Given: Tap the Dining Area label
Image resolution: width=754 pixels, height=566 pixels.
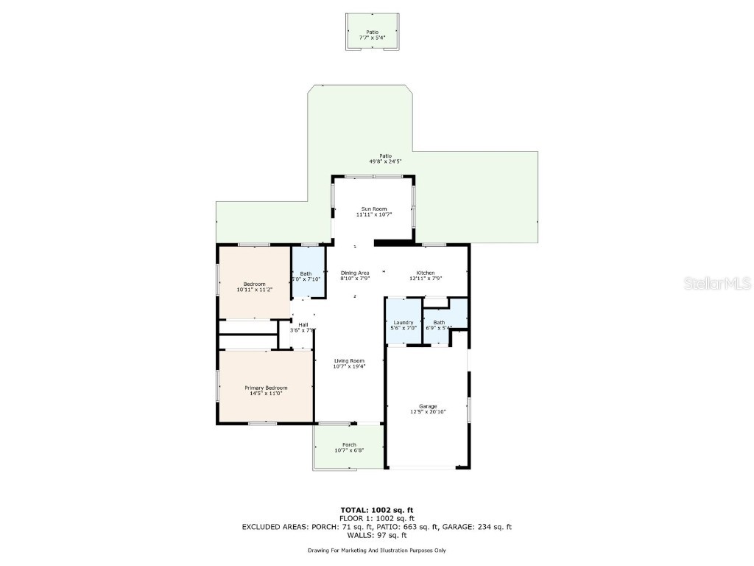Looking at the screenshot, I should click(x=355, y=273).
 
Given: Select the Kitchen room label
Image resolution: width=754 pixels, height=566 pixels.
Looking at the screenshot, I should click(x=426, y=273).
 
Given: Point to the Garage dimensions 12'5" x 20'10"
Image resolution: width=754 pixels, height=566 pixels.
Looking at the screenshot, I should click(x=428, y=413).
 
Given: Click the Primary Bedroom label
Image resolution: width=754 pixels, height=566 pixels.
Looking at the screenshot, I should click(x=266, y=388).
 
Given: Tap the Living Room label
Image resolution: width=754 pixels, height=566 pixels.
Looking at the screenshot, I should click(x=349, y=361).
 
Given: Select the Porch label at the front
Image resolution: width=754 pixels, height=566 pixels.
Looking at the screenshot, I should click(x=349, y=445).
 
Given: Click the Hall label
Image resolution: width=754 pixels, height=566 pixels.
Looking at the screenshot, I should click(x=303, y=325).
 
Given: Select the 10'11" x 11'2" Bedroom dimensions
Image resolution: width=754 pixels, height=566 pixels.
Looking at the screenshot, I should click(x=255, y=290).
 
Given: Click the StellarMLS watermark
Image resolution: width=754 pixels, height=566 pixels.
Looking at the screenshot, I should click(x=717, y=283).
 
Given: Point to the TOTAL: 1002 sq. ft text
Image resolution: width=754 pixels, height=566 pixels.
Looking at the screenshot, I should click(x=376, y=510).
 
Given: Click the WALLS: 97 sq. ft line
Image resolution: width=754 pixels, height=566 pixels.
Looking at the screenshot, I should click(x=376, y=535).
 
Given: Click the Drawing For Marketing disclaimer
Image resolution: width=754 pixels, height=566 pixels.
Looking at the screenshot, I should click(x=376, y=551).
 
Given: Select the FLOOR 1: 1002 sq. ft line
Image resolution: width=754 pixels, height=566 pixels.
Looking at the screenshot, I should click(x=376, y=518).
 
